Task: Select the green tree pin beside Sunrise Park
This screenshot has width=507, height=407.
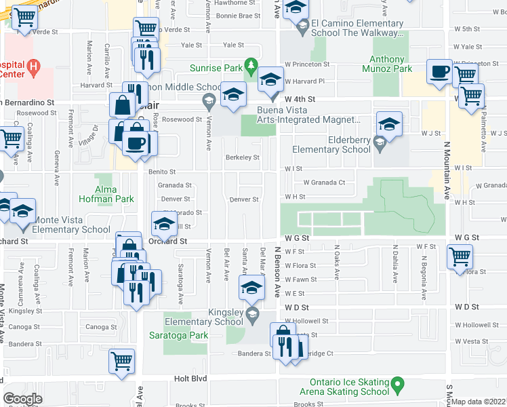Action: tap(251, 66)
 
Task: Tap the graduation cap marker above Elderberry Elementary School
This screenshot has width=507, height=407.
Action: tap(389, 124)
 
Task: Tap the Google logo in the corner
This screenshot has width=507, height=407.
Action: tap(22, 398)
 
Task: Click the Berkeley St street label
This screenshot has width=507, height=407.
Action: tap(242, 157)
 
